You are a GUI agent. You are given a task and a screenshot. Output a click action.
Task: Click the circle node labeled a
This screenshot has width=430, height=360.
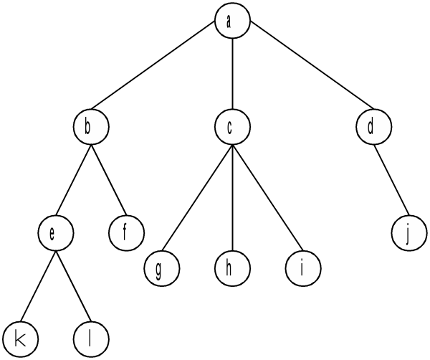(231, 22)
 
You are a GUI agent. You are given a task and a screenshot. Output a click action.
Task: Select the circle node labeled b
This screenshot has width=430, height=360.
(91, 128)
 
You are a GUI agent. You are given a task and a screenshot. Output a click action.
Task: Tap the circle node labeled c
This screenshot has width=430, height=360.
(231, 128)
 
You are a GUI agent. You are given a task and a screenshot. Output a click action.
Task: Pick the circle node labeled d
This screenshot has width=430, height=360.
(373, 128)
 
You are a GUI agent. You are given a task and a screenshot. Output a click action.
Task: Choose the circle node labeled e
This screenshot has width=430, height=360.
(56, 234)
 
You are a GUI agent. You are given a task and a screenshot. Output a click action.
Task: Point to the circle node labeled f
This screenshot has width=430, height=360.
(126, 234)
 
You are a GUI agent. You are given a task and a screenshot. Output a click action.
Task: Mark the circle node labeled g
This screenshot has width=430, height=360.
(161, 270)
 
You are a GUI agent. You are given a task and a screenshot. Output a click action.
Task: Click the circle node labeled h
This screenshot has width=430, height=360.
(231, 270)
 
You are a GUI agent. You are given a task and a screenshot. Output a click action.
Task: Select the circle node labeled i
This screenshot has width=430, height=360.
(302, 270)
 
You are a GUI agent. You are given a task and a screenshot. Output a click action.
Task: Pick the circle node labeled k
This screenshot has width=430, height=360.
(21, 338)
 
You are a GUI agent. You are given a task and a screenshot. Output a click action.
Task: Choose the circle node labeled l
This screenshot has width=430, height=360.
(91, 338)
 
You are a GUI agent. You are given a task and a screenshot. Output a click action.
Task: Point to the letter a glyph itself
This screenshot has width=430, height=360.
(229, 22)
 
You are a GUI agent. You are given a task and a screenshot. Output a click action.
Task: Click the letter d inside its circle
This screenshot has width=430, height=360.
(371, 128)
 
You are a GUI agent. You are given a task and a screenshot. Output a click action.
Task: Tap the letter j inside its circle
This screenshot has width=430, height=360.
(408, 235)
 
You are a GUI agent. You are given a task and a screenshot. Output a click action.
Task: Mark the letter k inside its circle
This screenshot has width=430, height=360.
(21, 338)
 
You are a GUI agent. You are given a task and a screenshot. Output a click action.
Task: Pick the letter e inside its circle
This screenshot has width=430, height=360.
(52, 234)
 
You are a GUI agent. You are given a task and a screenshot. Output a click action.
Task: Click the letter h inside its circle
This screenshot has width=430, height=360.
(229, 269)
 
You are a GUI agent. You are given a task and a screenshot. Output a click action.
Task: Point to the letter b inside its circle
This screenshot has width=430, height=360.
(87, 128)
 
